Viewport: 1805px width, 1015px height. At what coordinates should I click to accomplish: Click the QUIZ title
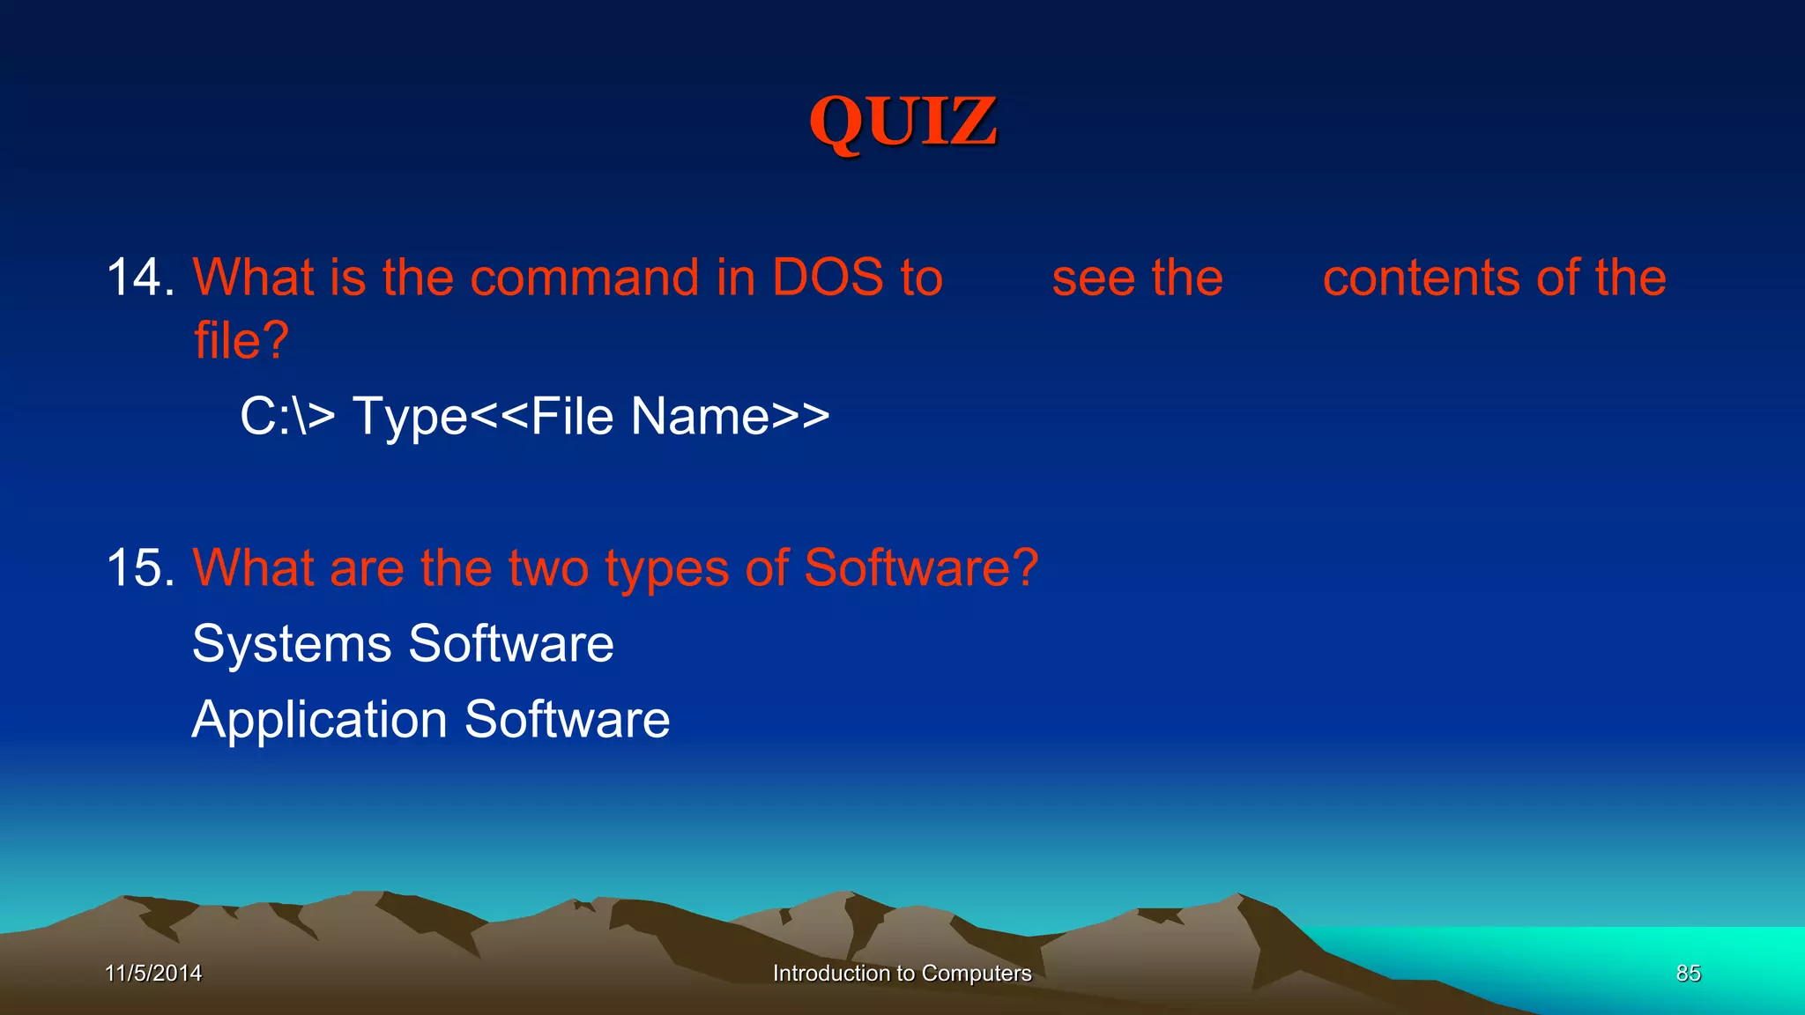click(903, 122)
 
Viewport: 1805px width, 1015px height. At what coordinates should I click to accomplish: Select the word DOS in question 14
click(828, 278)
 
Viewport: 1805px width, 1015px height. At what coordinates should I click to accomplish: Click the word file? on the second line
click(241, 340)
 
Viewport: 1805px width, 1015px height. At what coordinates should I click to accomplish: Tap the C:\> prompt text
click(287, 416)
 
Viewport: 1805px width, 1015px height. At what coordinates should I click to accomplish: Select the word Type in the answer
click(410, 418)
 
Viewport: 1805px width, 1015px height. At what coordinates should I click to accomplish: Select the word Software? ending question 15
click(921, 567)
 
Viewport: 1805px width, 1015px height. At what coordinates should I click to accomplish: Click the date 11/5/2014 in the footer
click(153, 973)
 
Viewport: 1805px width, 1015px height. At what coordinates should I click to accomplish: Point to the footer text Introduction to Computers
click(902, 973)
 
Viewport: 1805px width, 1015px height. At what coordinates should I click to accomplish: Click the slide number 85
click(1688, 973)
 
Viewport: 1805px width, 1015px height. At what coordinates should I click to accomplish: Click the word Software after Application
click(567, 719)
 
